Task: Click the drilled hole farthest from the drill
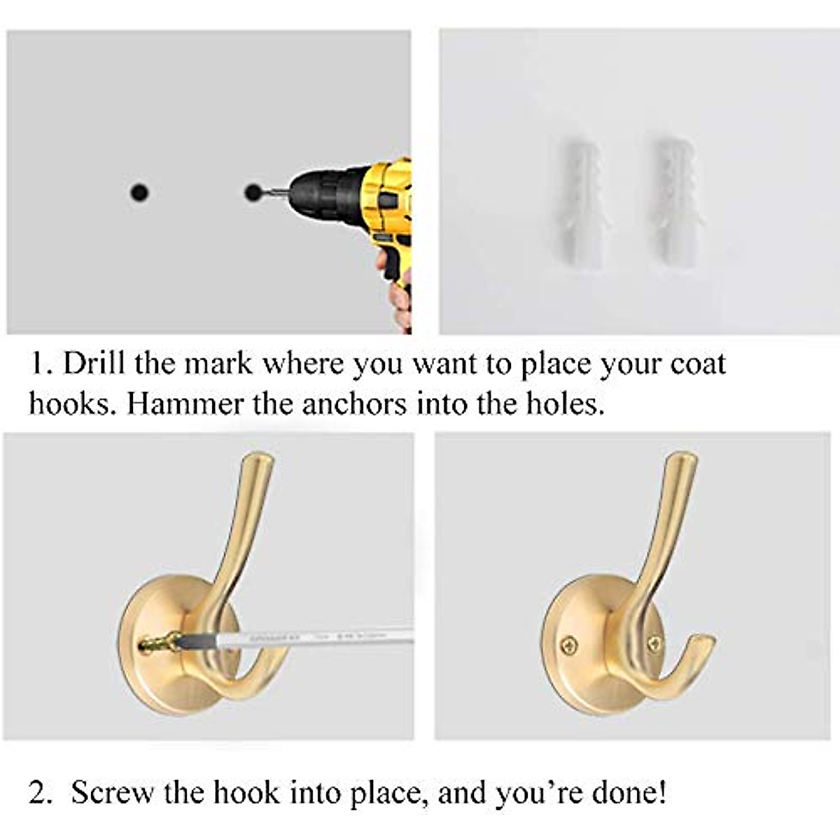(140, 191)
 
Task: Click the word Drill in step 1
(94, 364)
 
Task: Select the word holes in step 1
(565, 404)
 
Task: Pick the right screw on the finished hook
(654, 642)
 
